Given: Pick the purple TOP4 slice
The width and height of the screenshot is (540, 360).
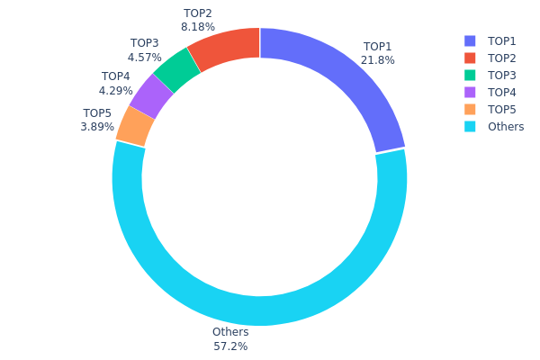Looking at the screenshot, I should point(152,95).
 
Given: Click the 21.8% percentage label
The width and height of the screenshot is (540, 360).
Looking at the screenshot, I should point(378,60).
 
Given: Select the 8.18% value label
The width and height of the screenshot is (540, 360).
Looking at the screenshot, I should point(197,27).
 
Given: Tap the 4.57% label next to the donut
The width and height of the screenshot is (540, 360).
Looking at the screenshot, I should point(144,57).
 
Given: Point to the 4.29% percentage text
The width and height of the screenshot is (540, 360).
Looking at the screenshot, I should point(115,90).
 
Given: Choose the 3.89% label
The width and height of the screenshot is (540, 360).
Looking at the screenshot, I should point(97,127).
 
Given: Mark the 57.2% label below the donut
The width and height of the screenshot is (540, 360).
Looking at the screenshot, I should point(230,346).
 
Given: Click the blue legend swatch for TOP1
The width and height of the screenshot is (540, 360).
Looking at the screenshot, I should point(470,41).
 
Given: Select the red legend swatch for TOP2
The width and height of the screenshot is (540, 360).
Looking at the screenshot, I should point(470,58).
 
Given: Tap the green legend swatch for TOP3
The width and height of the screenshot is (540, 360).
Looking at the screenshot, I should point(470,76).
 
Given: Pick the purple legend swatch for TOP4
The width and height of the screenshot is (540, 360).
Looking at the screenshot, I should point(470,93).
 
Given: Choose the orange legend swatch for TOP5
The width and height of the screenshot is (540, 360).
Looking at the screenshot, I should point(470,110).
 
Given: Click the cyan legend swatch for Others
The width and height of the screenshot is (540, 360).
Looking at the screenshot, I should point(470,127).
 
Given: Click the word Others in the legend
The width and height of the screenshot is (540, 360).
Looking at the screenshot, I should point(506,127).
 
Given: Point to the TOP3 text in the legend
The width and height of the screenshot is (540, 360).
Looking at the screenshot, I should point(502,76).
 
